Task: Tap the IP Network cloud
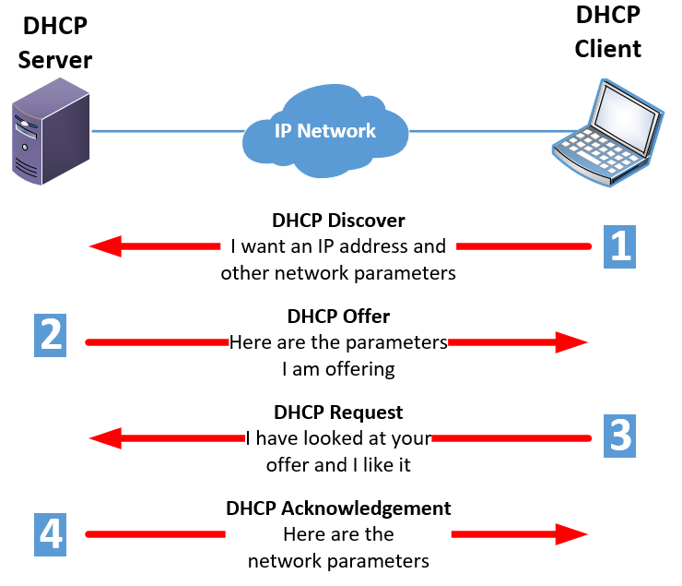(325, 131)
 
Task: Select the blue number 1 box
(619, 245)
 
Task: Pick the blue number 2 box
(51, 333)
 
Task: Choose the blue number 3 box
(619, 432)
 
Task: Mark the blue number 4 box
(51, 532)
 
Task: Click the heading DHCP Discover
(338, 221)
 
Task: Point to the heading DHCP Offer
(338, 317)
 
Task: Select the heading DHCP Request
(338, 413)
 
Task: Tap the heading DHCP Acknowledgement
(338, 508)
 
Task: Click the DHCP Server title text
(55, 42)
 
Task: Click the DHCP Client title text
(607, 31)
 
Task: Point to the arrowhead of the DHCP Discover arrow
(105, 246)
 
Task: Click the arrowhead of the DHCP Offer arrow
(571, 342)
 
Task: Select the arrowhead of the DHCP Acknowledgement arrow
(571, 533)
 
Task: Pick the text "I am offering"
(338, 369)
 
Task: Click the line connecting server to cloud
(166, 131)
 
